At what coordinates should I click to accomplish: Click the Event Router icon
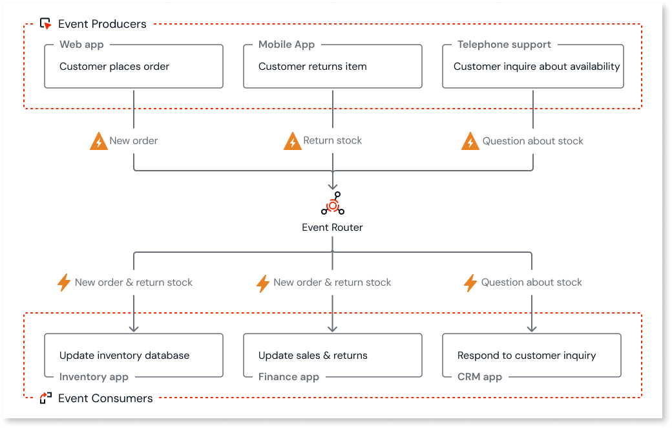[332, 204]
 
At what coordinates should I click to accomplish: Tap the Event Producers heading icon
[45, 24]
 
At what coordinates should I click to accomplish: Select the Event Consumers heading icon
[45, 398]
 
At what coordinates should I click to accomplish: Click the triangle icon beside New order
[98, 142]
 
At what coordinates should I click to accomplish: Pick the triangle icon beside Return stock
[293, 142]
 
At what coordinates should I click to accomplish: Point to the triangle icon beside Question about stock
[470, 142]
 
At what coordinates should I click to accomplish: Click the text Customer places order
[114, 67]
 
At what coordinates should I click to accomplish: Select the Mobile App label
[286, 45]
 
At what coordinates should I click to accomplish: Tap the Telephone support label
[504, 45]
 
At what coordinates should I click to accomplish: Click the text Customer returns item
[312, 67]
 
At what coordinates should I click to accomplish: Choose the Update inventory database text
[124, 356]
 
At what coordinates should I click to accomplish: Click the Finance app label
[288, 377]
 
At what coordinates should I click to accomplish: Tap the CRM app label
[479, 377]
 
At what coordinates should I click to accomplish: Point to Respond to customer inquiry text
[526, 356]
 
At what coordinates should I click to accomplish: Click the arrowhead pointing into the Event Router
[332, 186]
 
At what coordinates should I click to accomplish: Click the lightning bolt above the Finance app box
[262, 283]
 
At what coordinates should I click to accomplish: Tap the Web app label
[81, 45]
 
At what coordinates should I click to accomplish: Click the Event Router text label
[332, 228]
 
